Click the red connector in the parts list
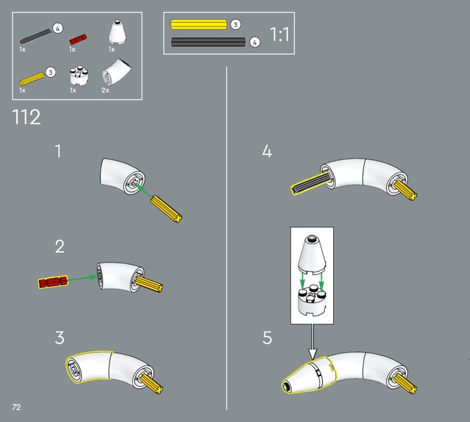coord(78,39)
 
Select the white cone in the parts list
coord(117,32)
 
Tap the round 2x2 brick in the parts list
coord(79,76)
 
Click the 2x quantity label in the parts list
coord(105,91)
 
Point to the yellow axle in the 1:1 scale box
coord(199,24)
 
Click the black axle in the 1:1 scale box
coord(209,42)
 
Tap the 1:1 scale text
coord(280,34)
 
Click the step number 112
coord(26,117)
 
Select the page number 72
coord(16,407)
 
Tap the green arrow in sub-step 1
coord(143,190)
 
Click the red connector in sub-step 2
coord(53,282)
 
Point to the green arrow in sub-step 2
coord(83,279)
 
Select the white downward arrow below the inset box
coord(313,342)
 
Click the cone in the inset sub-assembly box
coord(312,254)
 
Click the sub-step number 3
coord(60,338)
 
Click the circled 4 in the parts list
coord(58,28)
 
